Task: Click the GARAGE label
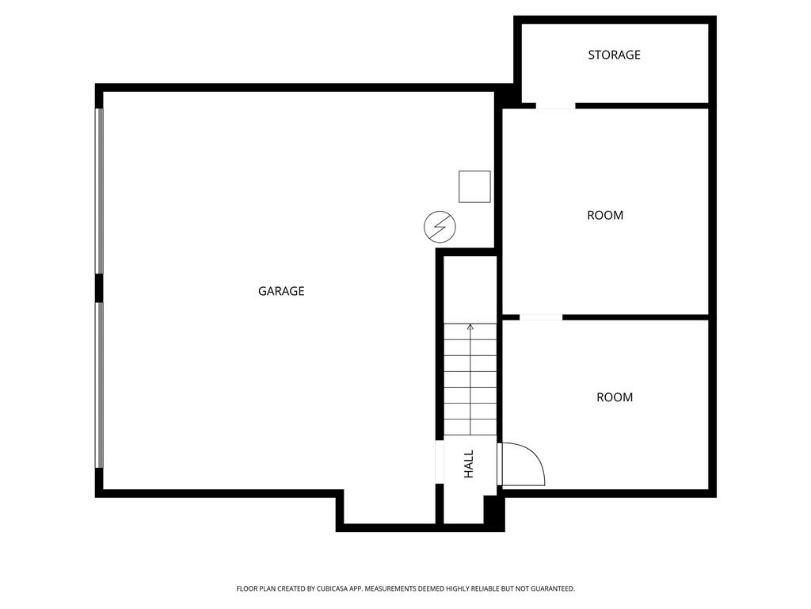point(281,291)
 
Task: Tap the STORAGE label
point(614,55)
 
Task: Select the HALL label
point(469,464)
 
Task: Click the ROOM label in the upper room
point(605,215)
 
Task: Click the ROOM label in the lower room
point(615,397)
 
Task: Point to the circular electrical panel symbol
point(440,227)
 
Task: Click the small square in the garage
point(474,186)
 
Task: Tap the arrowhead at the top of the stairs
point(470,327)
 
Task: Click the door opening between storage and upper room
point(555,105)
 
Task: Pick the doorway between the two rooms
point(541,318)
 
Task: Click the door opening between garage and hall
point(440,462)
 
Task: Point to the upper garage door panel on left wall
point(100,190)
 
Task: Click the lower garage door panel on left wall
point(100,385)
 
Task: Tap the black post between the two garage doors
point(99,288)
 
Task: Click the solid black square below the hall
point(493,511)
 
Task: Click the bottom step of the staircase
point(470,427)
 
